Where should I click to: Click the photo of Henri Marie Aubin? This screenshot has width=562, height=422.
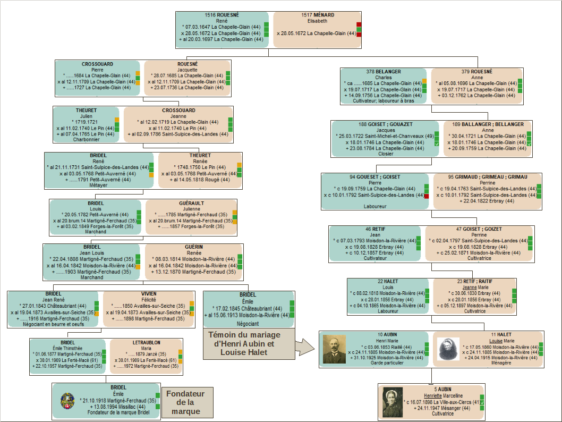coord(335,349)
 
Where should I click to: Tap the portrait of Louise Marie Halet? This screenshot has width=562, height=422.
coord(448,349)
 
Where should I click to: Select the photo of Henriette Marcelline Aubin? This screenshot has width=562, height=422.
coord(393,402)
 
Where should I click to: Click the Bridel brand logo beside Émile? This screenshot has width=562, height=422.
coord(68,401)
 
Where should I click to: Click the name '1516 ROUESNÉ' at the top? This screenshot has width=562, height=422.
coord(222,15)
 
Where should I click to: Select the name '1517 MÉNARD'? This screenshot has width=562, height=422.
coord(318,15)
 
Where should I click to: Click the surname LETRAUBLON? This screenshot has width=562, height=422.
coord(147,343)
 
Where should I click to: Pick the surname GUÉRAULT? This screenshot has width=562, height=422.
coord(191,203)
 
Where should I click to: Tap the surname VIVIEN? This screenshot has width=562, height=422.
coord(149,294)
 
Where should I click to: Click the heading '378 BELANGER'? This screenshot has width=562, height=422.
coord(384,72)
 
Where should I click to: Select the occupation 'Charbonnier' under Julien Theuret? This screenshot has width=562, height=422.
coord(87,139)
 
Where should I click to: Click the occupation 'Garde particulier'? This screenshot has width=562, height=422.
coord(387,363)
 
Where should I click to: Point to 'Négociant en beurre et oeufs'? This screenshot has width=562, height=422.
coord(54,324)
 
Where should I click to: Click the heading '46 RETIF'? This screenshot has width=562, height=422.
coord(375,229)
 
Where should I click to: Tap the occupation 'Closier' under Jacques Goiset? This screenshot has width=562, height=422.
coord(386,154)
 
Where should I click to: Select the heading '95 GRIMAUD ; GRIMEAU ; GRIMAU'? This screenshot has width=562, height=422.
coord(488,177)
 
